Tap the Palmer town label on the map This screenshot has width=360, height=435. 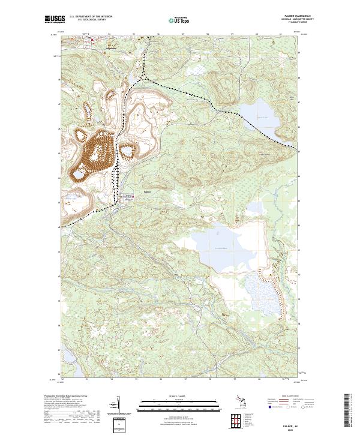[x=148, y=192]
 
